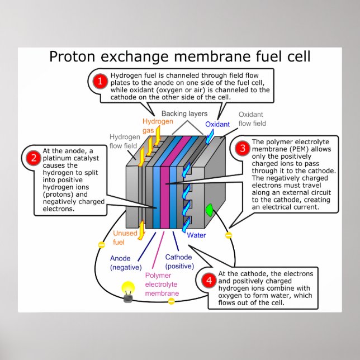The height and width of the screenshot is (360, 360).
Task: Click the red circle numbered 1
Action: pyautogui.click(x=101, y=82)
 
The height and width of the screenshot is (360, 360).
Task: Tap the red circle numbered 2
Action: pyautogui.click(x=32, y=158)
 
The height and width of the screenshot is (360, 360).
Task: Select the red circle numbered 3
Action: pyautogui.click(x=242, y=148)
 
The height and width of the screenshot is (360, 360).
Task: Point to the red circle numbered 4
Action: pyautogui.click(x=209, y=281)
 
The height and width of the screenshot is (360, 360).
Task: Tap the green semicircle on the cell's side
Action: pyautogui.click(x=210, y=210)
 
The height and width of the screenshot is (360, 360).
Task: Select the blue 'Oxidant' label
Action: pyautogui.click(x=217, y=125)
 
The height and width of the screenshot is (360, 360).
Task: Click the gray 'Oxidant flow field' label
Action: pyautogui.click(x=252, y=119)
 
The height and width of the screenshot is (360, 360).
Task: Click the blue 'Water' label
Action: pyautogui.click(x=196, y=235)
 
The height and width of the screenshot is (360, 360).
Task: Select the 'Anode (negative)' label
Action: pyautogui.click(x=126, y=263)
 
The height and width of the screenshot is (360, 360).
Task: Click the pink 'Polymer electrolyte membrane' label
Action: pyautogui.click(x=162, y=285)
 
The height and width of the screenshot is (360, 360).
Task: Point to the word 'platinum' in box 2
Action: pyautogui.click(x=59, y=159)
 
